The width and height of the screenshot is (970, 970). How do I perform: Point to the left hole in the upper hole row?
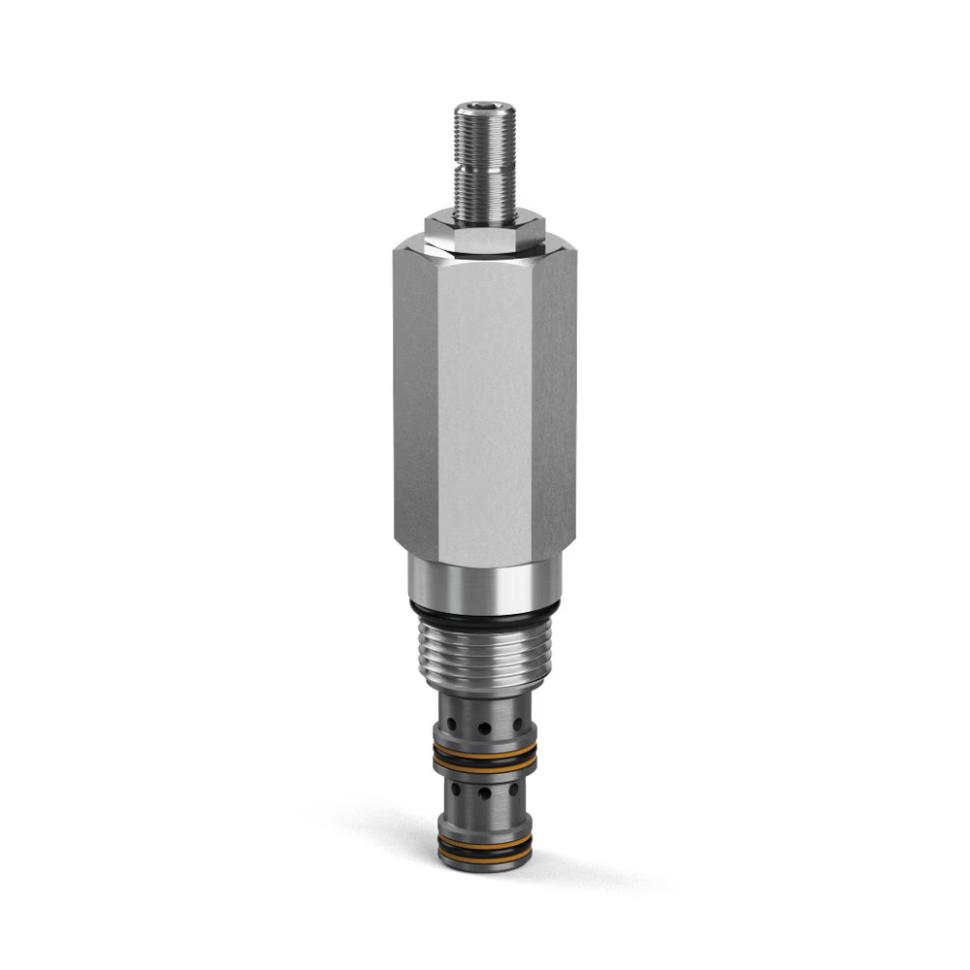tap(452, 725)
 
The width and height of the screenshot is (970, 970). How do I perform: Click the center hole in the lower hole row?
tap(484, 793)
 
